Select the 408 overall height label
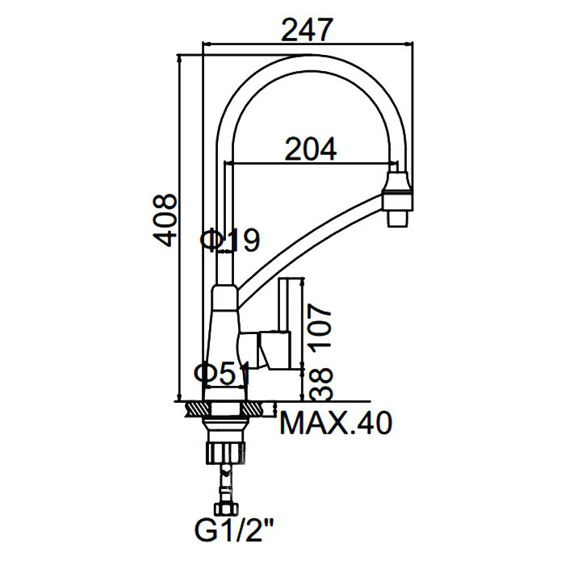click(x=165, y=220)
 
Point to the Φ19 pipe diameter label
click(x=230, y=240)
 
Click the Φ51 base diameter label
click(x=222, y=373)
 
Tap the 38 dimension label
click(x=320, y=384)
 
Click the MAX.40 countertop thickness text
click(x=336, y=423)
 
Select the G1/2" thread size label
click(x=234, y=529)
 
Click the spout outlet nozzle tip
click(x=398, y=219)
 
